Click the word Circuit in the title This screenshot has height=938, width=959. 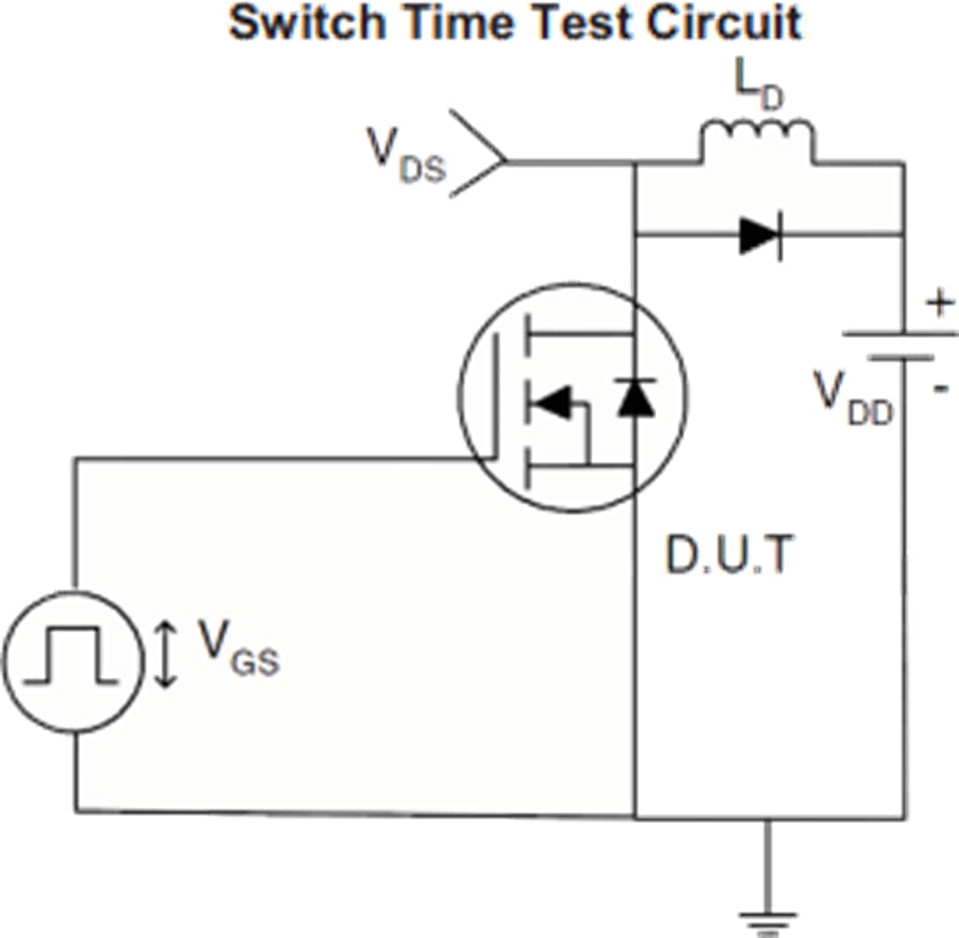click(723, 24)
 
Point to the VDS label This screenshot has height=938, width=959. click(405, 156)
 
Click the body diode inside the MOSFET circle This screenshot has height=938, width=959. click(636, 397)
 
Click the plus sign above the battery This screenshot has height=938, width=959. click(939, 305)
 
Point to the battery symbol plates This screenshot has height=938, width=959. click(900, 346)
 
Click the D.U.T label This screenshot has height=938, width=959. click(728, 557)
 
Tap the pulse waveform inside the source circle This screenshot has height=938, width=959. click(71, 657)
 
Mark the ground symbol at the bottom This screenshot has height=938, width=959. click(766, 920)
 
